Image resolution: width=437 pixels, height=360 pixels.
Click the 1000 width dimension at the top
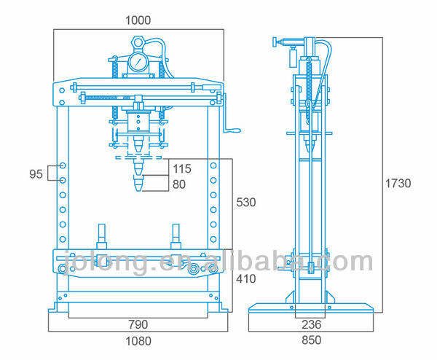pyautogui.click(x=138, y=20)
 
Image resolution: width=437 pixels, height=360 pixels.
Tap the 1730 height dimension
pyautogui.click(x=398, y=183)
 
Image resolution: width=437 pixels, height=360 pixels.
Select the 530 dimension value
pyautogui.click(x=246, y=202)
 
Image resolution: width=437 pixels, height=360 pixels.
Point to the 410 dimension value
pyautogui.click(x=246, y=278)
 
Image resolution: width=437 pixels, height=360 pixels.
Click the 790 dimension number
pyautogui.click(x=138, y=324)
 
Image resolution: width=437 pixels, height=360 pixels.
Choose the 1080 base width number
pyautogui.click(x=138, y=341)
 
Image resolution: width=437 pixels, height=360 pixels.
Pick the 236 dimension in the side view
pyautogui.click(x=311, y=324)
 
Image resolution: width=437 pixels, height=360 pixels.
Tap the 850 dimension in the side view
pyautogui.click(x=311, y=340)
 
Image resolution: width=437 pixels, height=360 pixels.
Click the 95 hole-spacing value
pyautogui.click(x=36, y=174)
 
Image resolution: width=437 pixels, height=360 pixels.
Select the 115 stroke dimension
pyautogui.click(x=182, y=169)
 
